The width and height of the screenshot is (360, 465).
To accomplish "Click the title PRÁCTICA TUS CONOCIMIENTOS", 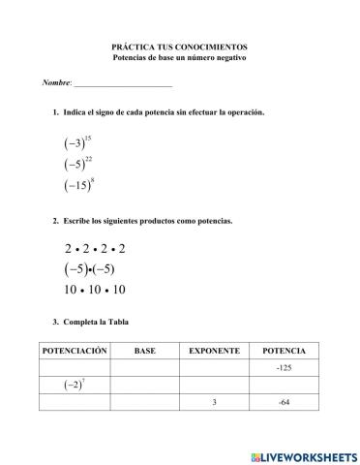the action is pyautogui.click(x=179, y=46).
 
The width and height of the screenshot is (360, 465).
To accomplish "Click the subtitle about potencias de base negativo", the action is pyautogui.click(x=179, y=58).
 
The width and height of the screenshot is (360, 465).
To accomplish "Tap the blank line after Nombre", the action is pyautogui.click(x=129, y=84).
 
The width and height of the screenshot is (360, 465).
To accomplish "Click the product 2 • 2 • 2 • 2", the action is pyautogui.click(x=95, y=248).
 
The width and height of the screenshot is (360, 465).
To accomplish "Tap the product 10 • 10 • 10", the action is pyautogui.click(x=95, y=290).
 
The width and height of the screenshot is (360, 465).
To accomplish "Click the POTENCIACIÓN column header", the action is pyautogui.click(x=74, y=350).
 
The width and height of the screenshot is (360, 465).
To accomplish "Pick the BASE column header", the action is pyautogui.click(x=144, y=350).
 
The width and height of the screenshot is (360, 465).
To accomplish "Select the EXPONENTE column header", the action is pyautogui.click(x=214, y=350).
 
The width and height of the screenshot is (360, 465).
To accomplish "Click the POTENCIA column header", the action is pyautogui.click(x=284, y=350).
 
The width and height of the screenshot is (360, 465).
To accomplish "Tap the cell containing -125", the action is pyautogui.click(x=284, y=367).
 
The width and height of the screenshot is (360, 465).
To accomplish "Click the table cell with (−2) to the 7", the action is pyautogui.click(x=74, y=385).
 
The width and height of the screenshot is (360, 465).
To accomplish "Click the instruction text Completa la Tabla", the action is pyautogui.click(x=97, y=322).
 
